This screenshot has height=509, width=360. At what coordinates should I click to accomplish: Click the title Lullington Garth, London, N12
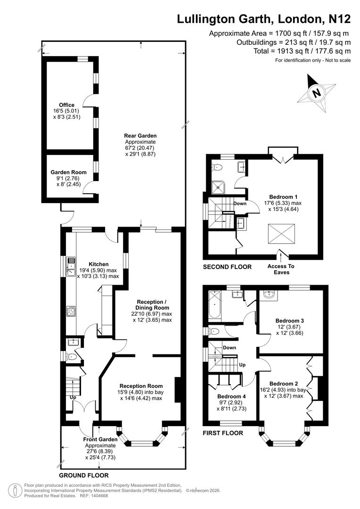pos(263,19)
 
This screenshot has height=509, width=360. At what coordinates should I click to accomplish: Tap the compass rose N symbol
pos(317,93)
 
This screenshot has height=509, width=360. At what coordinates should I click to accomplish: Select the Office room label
pos(67,105)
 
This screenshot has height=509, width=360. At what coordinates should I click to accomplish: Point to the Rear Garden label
pos(140,136)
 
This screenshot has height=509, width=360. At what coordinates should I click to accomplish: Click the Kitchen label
pos(98,264)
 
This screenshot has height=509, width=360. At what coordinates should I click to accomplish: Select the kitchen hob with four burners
pos(72,312)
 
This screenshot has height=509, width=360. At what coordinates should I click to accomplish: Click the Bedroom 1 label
pos(283,197)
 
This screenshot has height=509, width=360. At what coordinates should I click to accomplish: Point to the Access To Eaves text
pos(281,269)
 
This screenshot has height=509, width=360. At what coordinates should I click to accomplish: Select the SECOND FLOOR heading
pos(227,267)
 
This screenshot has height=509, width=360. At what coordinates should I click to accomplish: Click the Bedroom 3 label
pos(289,320)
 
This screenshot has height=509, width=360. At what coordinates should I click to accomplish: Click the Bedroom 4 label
pos(231,396)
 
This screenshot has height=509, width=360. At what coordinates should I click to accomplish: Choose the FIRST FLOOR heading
pos(223,433)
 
